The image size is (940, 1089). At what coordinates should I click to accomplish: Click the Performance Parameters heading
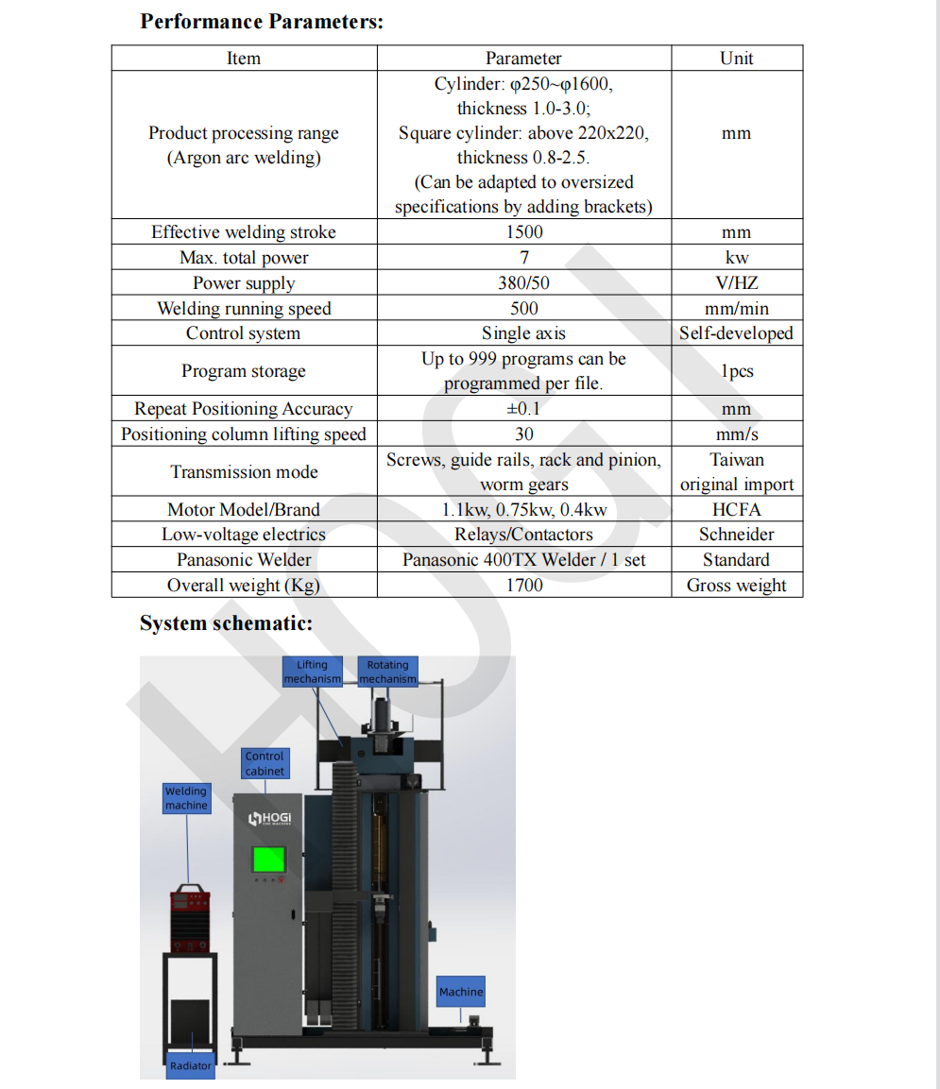pyautogui.click(x=262, y=22)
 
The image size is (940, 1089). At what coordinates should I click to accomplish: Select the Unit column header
pyautogui.click(x=736, y=59)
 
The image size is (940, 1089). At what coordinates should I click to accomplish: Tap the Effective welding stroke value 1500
pyautogui.click(x=524, y=232)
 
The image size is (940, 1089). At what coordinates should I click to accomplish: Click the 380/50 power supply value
pyautogui.click(x=524, y=283)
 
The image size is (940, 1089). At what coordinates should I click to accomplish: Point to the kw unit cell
pyautogui.click(x=736, y=258)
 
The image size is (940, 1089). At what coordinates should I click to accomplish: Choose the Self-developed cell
pyautogui.click(x=736, y=333)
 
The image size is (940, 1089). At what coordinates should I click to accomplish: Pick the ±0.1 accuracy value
pyautogui.click(x=524, y=409)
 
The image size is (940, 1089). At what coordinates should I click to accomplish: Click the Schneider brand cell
pyautogui.click(x=736, y=535)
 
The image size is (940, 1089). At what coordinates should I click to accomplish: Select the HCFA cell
pyautogui.click(x=736, y=510)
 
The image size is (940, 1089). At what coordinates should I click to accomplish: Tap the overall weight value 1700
pyautogui.click(x=524, y=586)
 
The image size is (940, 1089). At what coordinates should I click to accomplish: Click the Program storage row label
pyautogui.click(x=244, y=371)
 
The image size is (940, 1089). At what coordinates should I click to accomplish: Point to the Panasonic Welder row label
pyautogui.click(x=244, y=560)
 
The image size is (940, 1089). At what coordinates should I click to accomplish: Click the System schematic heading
pyautogui.click(x=226, y=623)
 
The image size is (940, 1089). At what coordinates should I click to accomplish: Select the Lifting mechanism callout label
pyautogui.click(x=313, y=672)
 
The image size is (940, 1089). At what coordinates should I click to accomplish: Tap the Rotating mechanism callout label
pyautogui.click(x=387, y=672)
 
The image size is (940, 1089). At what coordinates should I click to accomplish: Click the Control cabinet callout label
pyautogui.click(x=265, y=763)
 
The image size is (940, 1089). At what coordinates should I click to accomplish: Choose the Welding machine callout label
pyautogui.click(x=186, y=798)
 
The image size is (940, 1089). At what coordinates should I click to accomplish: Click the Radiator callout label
pyautogui.click(x=191, y=1065)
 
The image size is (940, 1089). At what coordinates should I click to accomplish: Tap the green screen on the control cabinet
pyautogui.click(x=268, y=859)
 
